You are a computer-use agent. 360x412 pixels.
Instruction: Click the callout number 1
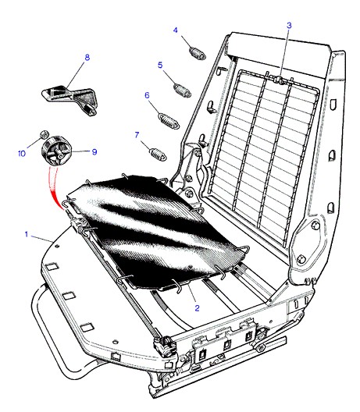27,234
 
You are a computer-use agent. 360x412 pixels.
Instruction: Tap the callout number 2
198,308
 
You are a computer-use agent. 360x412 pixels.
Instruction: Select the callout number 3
289,26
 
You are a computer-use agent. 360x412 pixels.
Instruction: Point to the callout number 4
176,30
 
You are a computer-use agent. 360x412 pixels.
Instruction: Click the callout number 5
160,65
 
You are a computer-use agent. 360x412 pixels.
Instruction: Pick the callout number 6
147,95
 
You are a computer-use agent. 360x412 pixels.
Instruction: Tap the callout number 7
137,135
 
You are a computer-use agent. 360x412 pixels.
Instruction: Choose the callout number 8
87,57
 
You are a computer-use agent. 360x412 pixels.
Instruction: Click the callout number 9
94,152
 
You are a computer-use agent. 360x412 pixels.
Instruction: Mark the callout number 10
22,154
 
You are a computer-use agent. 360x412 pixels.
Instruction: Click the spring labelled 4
198,53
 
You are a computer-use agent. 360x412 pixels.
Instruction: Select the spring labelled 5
182,91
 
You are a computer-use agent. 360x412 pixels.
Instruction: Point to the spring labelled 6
169,121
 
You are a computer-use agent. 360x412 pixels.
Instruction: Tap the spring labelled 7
158,154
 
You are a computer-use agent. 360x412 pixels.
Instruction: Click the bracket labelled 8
70,99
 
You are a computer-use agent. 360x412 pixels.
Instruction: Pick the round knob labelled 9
56,151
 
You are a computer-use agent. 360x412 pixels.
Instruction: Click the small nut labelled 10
45,134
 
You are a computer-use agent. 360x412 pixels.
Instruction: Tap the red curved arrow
54,188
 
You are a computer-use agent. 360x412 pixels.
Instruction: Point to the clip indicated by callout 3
279,80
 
